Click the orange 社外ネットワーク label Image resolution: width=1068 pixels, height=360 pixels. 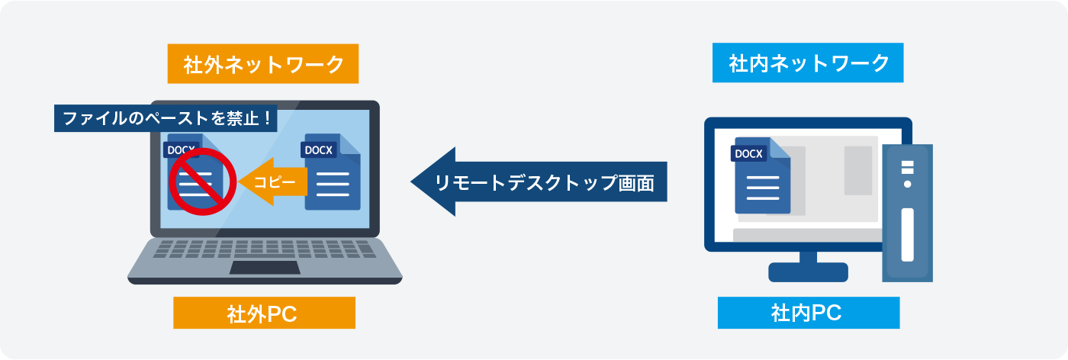[262, 64]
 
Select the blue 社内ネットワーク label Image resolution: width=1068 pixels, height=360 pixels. [808, 63]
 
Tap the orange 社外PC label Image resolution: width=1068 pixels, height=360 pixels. [264, 313]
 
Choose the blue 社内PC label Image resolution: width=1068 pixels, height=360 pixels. [809, 313]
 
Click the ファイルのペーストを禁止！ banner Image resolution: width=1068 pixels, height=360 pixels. [166, 118]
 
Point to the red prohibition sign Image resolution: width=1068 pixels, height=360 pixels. [203, 182]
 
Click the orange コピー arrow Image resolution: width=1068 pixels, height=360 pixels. [273, 182]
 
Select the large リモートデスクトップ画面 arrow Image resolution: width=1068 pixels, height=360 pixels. [539, 182]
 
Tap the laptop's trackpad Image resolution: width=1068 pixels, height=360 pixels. [265, 268]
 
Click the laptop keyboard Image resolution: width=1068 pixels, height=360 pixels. [265, 249]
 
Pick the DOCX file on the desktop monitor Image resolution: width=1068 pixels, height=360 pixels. [761, 175]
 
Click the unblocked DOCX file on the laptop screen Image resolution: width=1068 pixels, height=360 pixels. [331, 172]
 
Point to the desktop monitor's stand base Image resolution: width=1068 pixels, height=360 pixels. [808, 272]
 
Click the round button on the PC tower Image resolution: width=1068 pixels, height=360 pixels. [907, 184]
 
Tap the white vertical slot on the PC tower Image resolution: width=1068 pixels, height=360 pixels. [907, 235]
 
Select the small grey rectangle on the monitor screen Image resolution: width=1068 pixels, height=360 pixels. [858, 170]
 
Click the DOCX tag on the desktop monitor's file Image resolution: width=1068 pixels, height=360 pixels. [748, 153]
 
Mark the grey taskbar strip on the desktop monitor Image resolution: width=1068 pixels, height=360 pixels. [807, 235]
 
